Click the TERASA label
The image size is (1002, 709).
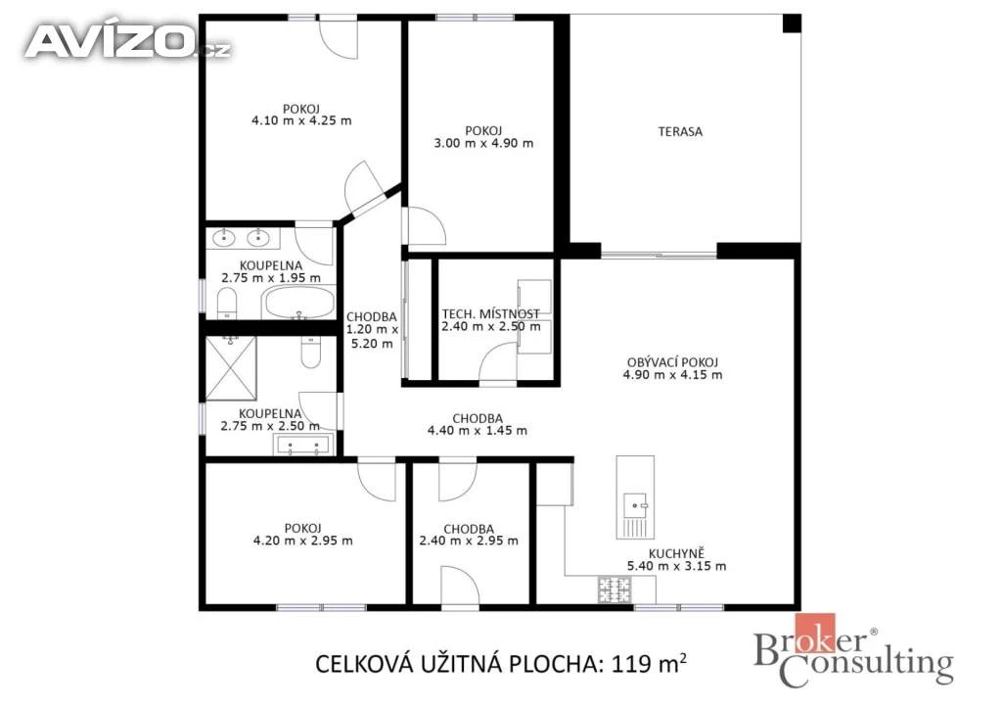(680, 131)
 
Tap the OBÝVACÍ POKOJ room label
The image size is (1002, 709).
(672, 362)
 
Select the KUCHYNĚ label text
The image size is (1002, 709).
(676, 553)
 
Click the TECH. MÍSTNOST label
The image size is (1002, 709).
(491, 314)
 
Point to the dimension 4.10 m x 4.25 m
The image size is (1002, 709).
(301, 120)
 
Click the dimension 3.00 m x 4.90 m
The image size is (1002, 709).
(483, 143)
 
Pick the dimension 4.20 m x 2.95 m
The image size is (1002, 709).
(303, 541)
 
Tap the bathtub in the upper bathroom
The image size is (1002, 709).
(299, 302)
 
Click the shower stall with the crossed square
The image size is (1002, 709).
(231, 368)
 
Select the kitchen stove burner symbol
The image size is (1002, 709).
(615, 590)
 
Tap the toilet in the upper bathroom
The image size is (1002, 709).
(227, 303)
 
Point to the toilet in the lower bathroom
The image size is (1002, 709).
(310, 353)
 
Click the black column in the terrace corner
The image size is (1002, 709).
(792, 24)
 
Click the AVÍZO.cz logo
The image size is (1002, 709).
(127, 42)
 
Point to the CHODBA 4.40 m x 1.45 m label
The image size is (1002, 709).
(478, 424)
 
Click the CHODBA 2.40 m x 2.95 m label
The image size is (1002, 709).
(469, 535)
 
